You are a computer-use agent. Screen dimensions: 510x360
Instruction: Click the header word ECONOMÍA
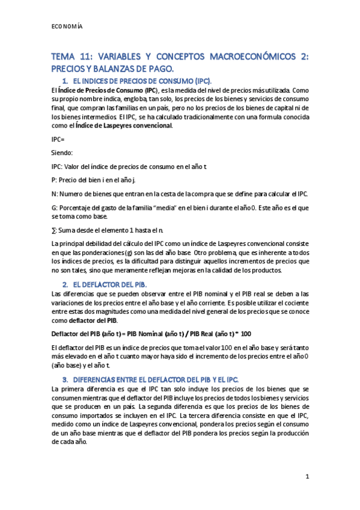(x=67, y=26)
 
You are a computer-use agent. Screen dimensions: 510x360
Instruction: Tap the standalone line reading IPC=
(x=59, y=140)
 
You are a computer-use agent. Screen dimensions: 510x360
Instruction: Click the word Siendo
(x=62, y=153)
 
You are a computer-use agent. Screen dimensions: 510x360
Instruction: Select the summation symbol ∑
(x=55, y=230)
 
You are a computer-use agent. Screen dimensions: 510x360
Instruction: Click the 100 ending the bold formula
(x=245, y=333)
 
